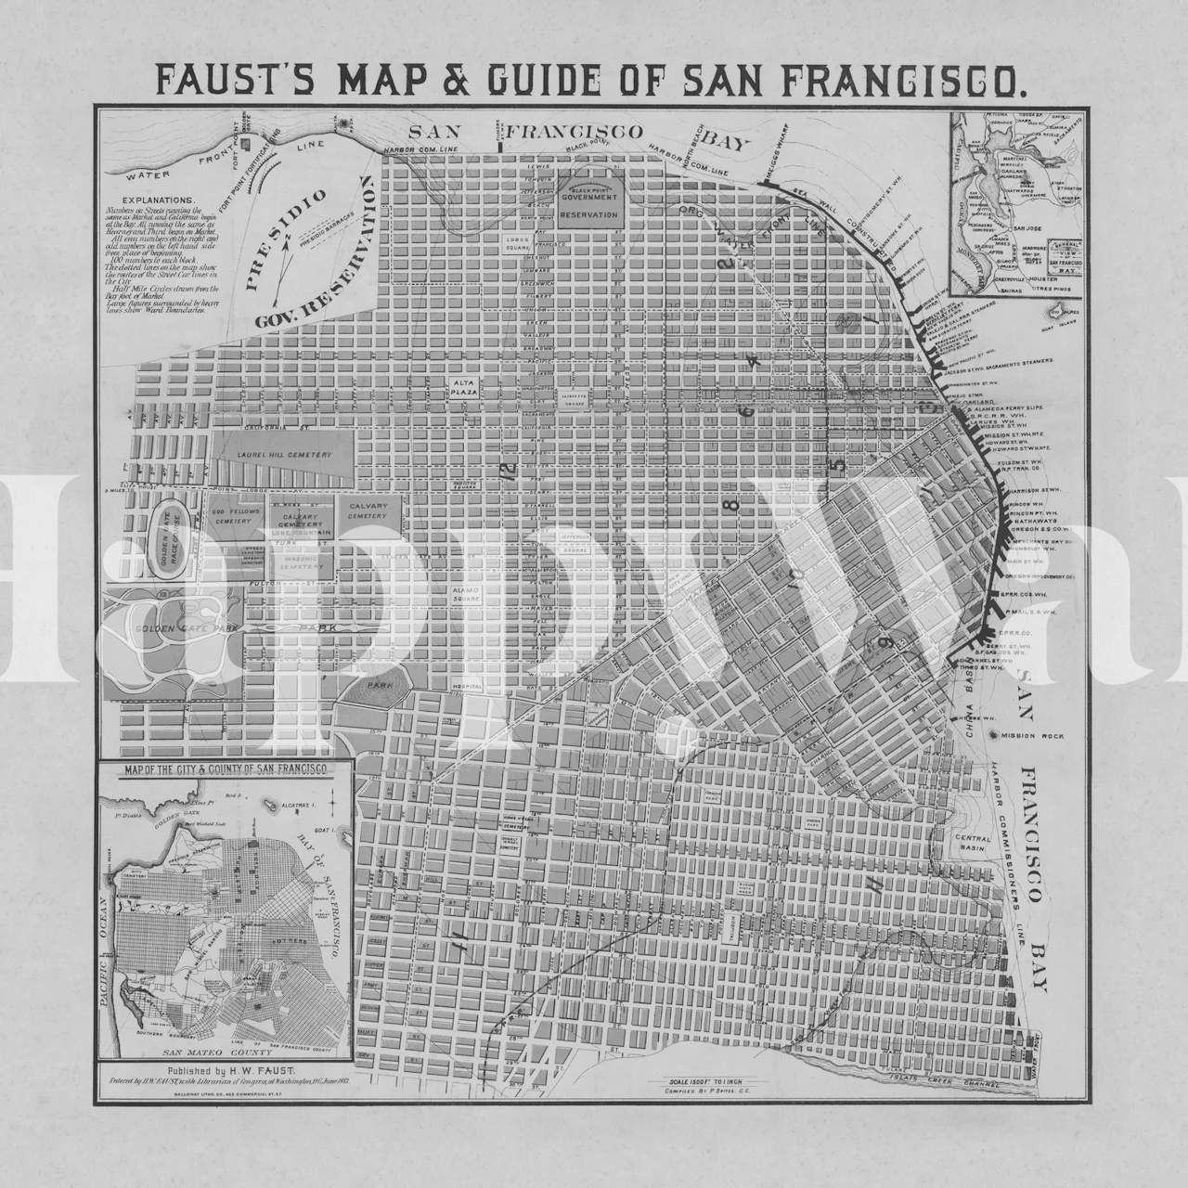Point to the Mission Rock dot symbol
point(994,735)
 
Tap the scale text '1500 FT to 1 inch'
point(704,1083)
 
